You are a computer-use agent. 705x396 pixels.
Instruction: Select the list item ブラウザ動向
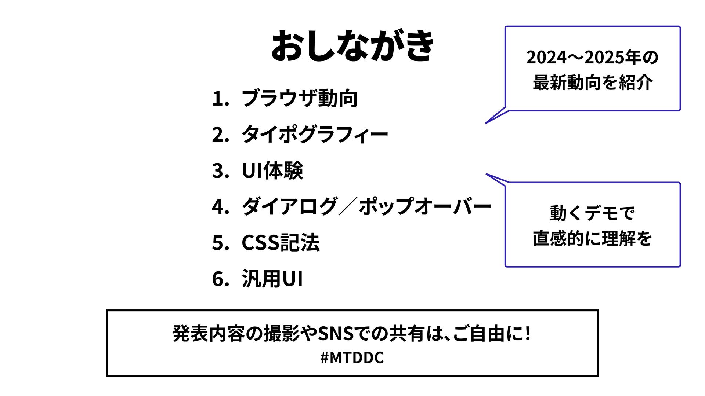(299, 98)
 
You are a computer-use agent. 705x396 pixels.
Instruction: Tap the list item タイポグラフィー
(315, 134)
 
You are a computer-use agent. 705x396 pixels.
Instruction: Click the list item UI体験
(272, 170)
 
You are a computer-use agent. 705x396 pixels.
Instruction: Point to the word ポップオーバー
(425, 206)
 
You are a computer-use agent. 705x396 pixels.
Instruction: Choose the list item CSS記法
(281, 242)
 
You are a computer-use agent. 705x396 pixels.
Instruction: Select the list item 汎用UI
(272, 279)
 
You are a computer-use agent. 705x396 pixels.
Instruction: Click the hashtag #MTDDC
(352, 357)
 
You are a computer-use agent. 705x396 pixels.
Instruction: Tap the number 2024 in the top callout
(541, 58)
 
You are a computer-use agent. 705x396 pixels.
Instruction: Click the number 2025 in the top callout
(599, 58)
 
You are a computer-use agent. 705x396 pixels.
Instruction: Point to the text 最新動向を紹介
(593, 82)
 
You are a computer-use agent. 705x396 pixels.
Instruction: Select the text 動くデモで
(592, 213)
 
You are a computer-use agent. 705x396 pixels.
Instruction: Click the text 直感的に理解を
(592, 238)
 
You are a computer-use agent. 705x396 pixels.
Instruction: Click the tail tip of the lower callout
(487, 174)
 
